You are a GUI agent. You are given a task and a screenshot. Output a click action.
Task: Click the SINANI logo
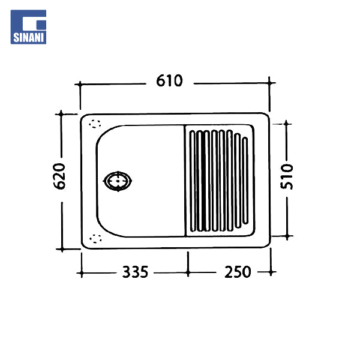(x=28, y=27)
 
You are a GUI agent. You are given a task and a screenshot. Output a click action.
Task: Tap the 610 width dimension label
(x=169, y=81)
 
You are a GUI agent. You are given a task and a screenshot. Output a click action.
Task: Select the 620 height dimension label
(x=59, y=176)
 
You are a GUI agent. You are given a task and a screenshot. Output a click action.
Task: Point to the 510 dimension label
(x=287, y=176)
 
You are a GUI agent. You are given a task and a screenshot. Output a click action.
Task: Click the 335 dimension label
(x=135, y=272)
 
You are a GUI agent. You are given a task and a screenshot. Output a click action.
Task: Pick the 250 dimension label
(x=238, y=272)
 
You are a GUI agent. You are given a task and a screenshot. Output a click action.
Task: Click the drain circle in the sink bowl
(x=118, y=181)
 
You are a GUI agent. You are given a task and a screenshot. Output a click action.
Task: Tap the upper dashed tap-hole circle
(x=95, y=124)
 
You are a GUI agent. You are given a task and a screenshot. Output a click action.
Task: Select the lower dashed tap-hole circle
(x=95, y=239)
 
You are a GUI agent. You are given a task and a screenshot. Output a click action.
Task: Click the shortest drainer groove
(x=245, y=181)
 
